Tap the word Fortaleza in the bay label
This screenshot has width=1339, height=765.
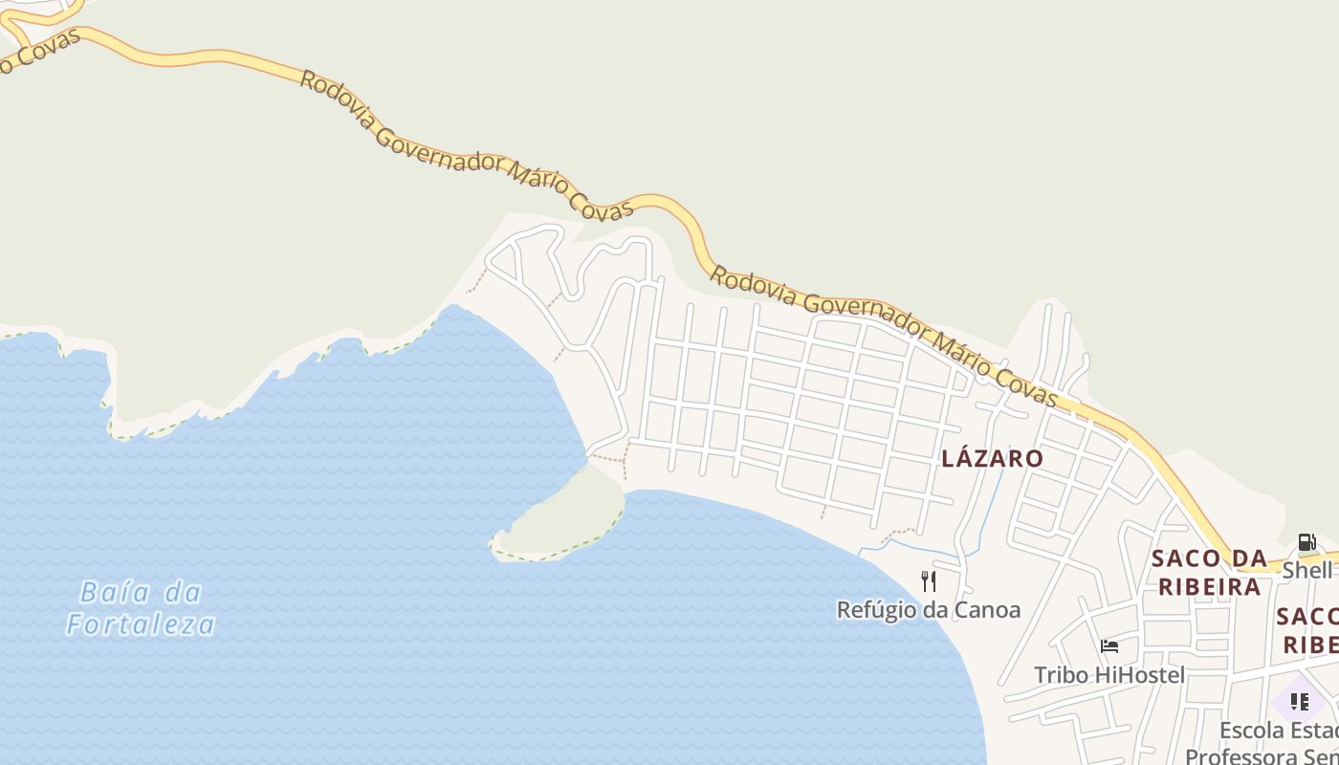click(141, 625)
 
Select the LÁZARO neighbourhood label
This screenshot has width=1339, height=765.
click(992, 458)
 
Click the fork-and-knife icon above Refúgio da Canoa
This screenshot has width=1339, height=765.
click(928, 580)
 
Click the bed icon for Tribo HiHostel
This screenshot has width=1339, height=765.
click(1109, 646)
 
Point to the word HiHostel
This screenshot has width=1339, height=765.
click(1139, 675)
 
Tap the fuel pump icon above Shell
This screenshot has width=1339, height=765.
click(1306, 542)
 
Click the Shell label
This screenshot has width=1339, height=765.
click(1306, 570)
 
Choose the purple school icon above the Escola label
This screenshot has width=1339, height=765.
click(1299, 702)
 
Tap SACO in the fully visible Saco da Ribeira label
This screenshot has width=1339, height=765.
click(1186, 558)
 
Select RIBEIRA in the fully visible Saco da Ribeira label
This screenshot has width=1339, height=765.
click(1209, 587)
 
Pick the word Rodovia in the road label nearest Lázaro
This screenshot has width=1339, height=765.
click(753, 287)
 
